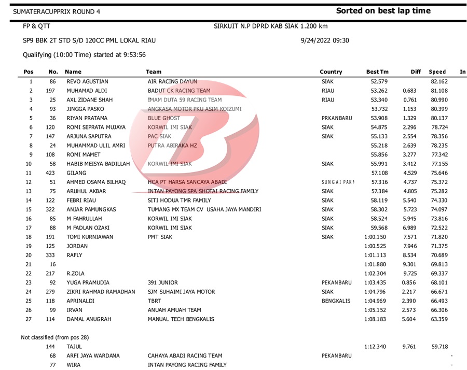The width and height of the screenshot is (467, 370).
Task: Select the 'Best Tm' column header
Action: click(x=377, y=72)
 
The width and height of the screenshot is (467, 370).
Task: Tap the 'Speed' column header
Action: click(x=437, y=72)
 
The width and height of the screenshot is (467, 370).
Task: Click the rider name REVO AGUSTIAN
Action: click(x=87, y=81)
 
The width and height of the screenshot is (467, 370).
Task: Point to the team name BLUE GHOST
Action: click(x=164, y=118)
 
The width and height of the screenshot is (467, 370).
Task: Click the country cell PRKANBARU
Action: click(x=337, y=118)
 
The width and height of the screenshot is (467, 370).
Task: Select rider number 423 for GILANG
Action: click(x=50, y=173)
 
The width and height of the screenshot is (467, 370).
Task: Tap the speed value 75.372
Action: click(x=439, y=182)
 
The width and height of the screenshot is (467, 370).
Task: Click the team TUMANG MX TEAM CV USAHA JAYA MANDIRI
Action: click(x=204, y=209)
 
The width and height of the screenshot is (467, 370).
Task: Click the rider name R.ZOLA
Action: click(x=75, y=273)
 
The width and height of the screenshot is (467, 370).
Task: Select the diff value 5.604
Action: click(x=409, y=319)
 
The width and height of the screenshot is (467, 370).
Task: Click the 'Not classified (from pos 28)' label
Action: click(x=55, y=337)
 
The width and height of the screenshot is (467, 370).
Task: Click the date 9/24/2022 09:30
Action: click(x=325, y=40)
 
